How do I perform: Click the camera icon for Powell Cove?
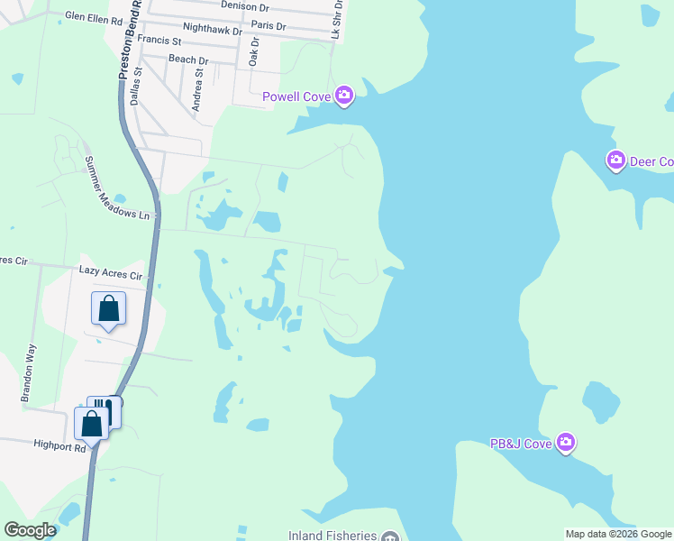point(344,96)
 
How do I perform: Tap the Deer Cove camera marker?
point(616,161)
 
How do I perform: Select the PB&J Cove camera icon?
point(565,442)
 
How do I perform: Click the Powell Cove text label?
point(296,96)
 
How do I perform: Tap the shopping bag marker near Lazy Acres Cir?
point(108,309)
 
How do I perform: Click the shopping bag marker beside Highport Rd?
point(92,422)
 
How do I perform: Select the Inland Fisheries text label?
point(331,536)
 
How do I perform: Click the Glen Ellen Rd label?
point(94,19)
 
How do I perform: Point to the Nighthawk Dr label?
point(212,30)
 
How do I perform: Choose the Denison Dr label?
point(245,5)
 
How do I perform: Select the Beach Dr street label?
point(188,60)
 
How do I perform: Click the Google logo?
point(30,530)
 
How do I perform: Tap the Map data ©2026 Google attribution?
point(618,535)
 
